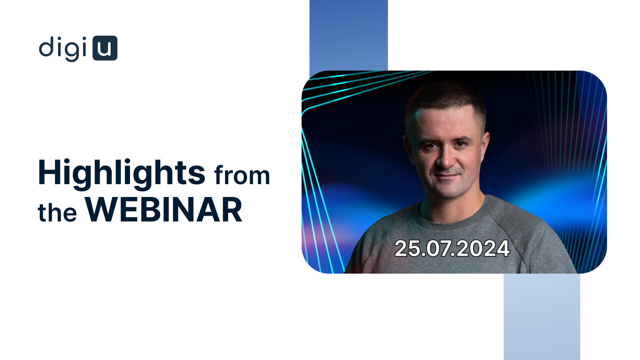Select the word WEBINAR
point(164,210)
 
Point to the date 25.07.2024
point(452,249)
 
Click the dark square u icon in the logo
point(105,48)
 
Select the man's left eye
point(461,144)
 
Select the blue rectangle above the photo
point(349,37)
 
